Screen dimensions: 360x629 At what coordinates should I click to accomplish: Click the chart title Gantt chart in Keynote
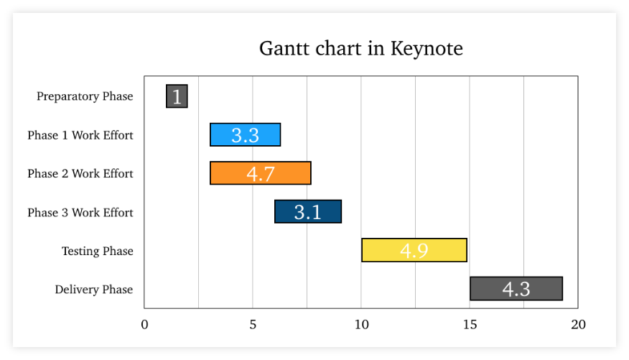360,49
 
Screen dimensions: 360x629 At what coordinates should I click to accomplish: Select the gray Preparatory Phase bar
177,96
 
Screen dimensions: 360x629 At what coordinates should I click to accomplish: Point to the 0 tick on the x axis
144,325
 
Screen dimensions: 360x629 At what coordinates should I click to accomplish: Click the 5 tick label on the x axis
253,325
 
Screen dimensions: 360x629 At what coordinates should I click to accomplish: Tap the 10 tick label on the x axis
361,325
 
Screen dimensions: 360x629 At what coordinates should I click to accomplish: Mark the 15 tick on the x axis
470,325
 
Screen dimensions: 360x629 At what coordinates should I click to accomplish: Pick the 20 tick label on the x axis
578,325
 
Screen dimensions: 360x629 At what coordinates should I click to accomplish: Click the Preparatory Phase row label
85,96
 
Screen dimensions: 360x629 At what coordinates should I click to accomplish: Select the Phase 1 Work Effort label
80,135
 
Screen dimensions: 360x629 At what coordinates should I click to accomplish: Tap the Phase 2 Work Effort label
80,174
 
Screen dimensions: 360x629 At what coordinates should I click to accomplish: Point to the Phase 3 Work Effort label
80,213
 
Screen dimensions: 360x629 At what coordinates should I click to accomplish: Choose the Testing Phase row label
98,251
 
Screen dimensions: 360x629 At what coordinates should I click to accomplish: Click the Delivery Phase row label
94,290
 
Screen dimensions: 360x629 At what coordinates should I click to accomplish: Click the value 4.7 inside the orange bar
261,174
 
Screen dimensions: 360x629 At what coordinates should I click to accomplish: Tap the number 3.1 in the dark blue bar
308,212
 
